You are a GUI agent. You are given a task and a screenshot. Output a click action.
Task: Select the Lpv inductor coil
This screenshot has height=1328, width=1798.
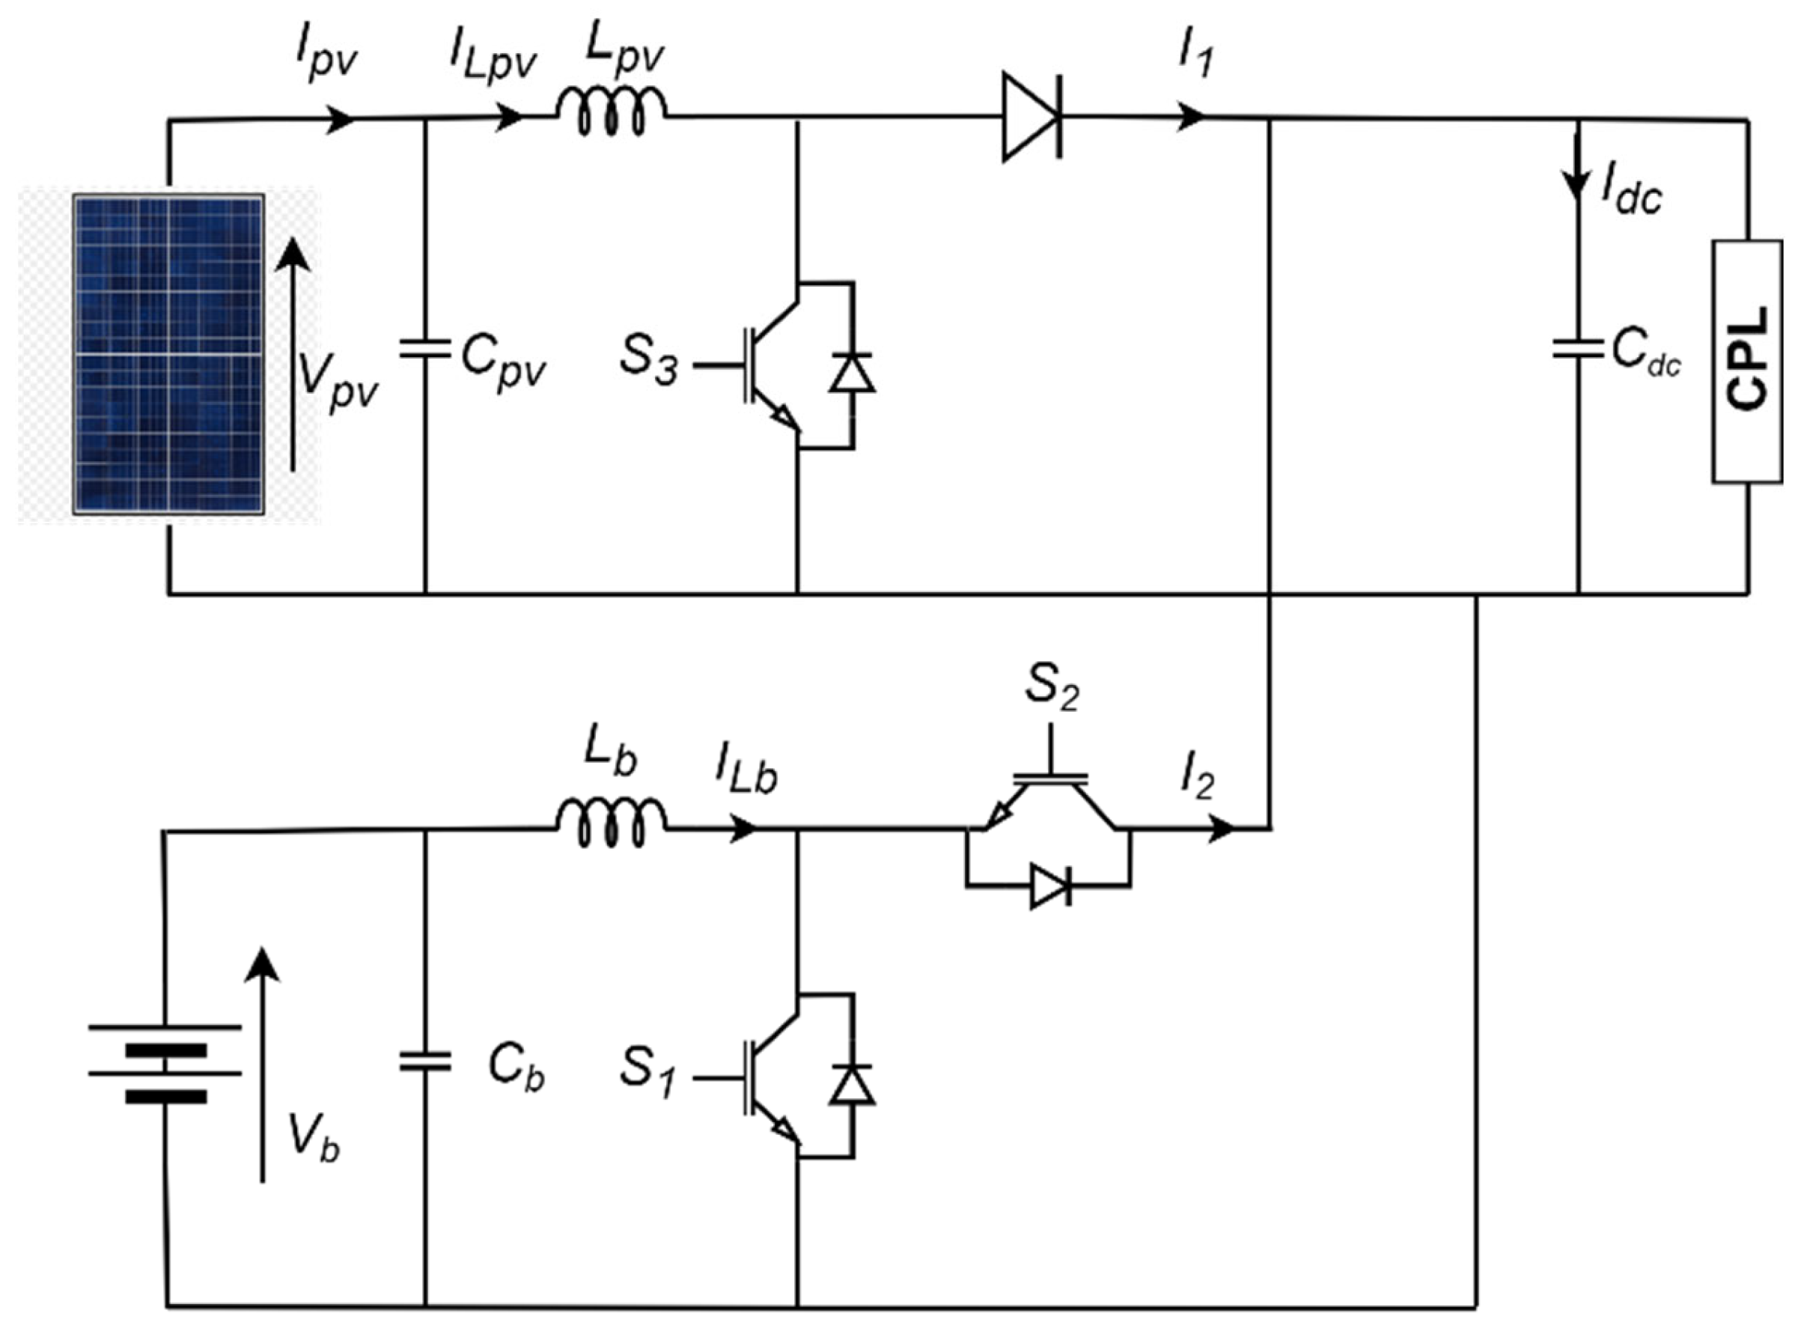(612, 113)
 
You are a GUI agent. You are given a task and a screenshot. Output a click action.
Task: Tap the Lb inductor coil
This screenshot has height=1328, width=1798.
(612, 823)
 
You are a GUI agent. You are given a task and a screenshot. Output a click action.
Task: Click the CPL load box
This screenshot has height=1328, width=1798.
(1746, 361)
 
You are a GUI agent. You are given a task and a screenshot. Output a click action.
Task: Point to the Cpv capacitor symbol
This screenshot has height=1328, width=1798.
(425, 349)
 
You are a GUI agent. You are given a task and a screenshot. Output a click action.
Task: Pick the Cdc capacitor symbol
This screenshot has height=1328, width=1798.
(1578, 349)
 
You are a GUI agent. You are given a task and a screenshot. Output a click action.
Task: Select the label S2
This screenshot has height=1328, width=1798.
(1050, 687)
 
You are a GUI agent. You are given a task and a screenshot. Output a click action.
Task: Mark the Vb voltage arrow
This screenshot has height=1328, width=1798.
(262, 1065)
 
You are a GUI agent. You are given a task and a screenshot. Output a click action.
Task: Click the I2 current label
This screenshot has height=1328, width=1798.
(1197, 779)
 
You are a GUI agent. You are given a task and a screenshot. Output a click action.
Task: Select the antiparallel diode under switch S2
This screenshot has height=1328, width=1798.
(1050, 886)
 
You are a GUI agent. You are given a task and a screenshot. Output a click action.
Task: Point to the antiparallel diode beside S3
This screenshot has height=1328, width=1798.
(852, 373)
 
